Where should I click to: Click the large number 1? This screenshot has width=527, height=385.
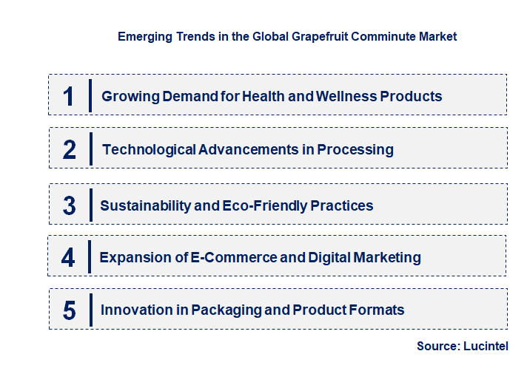coord(69,96)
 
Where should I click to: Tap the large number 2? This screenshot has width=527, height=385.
coord(70,149)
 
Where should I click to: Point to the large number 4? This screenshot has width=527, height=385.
coord(68,257)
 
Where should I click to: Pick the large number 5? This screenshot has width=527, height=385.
coord(69,310)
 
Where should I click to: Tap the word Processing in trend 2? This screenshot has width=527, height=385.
coord(355,149)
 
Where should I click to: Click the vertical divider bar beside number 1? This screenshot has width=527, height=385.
coord(90,95)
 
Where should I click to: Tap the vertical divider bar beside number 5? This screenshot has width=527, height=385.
coord(90,309)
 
